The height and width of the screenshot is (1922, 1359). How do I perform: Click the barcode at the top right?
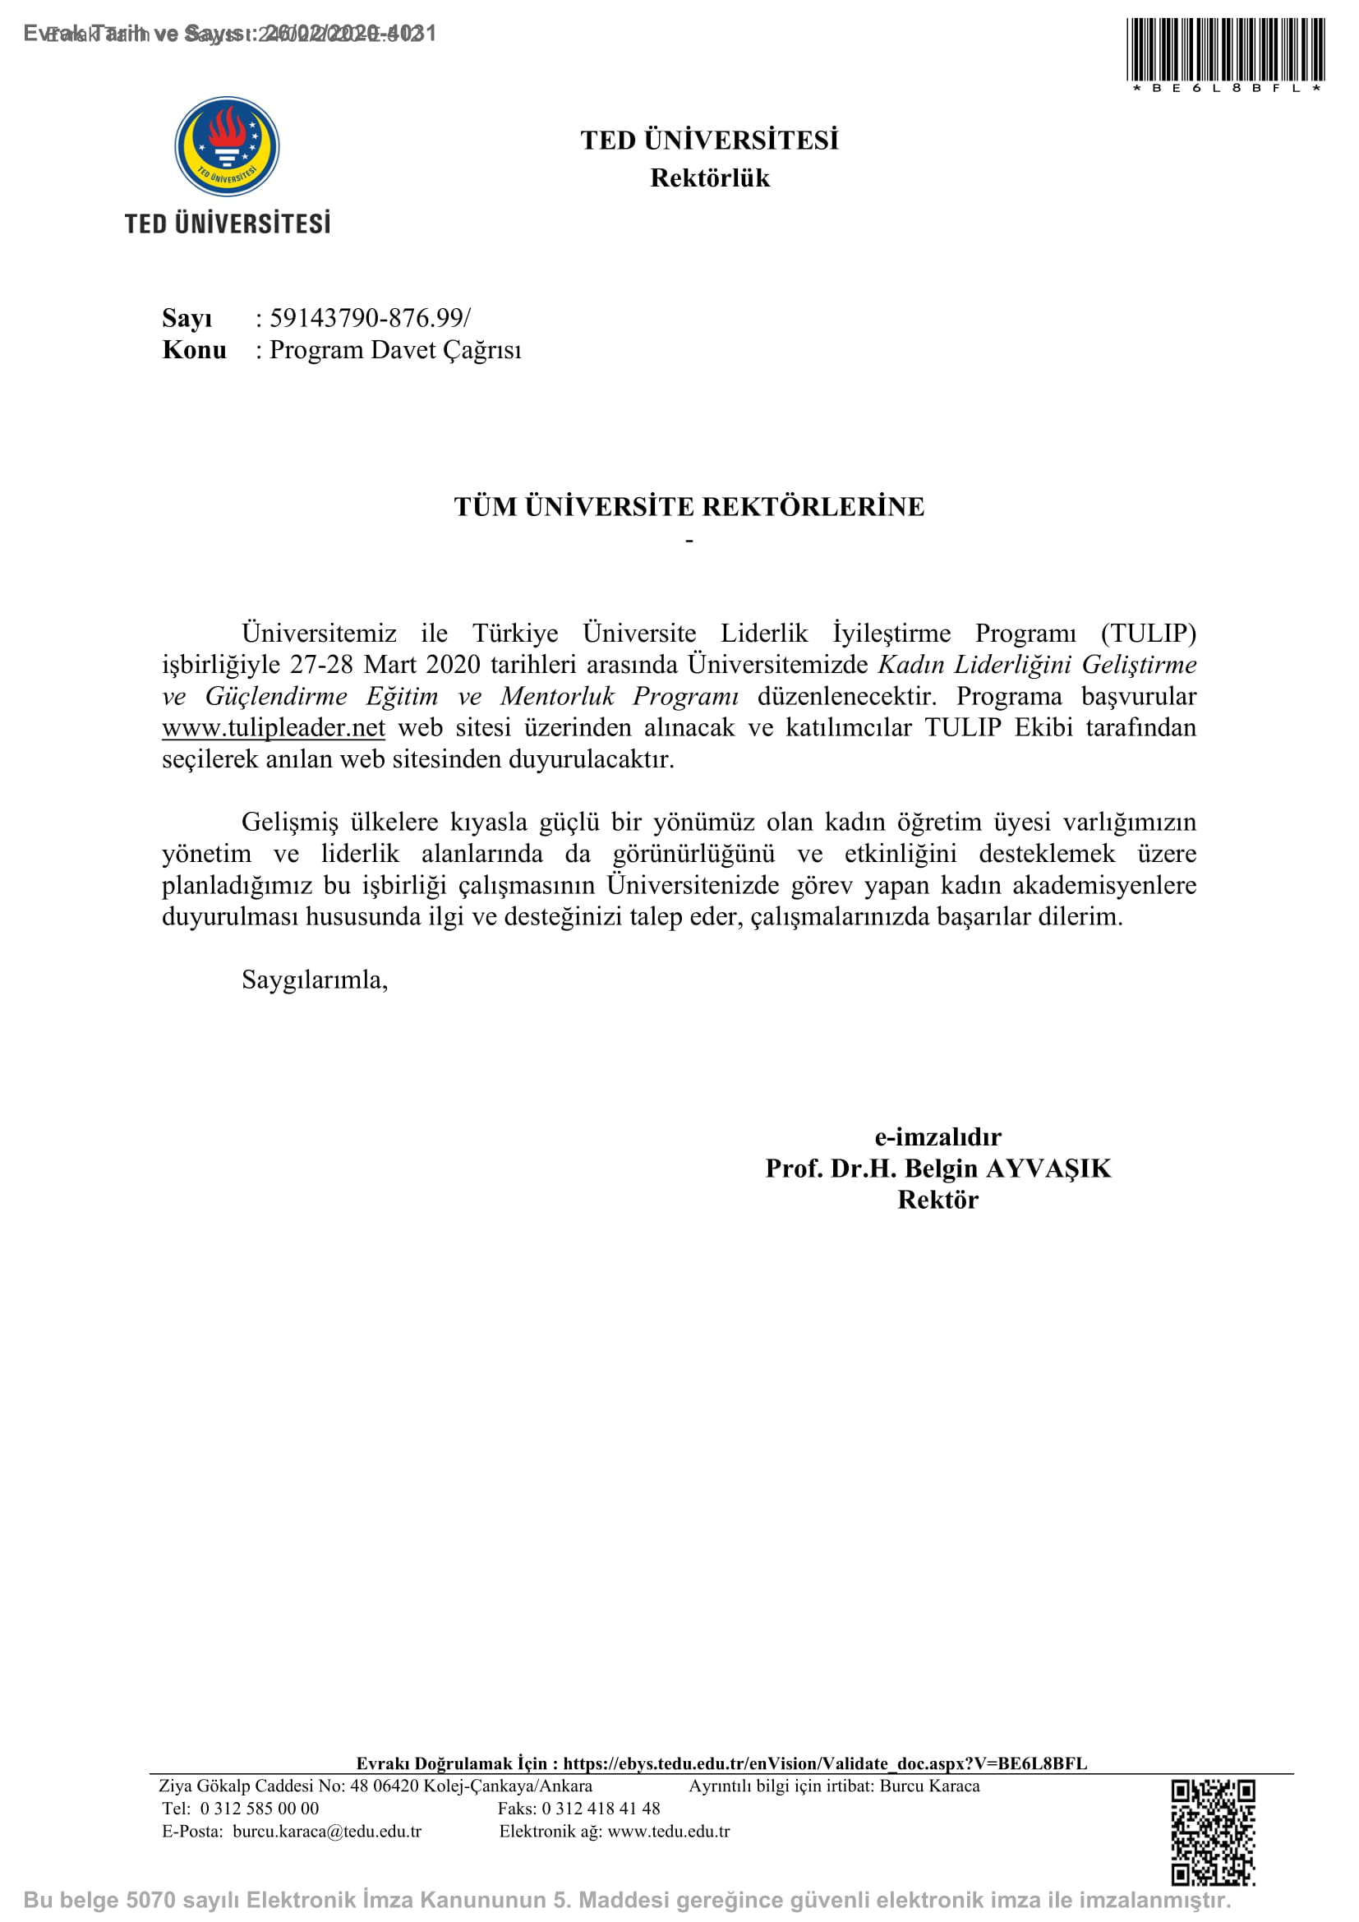click(1224, 49)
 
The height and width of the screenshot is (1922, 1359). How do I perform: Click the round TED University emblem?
click(227, 146)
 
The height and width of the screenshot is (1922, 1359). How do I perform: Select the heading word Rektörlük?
click(710, 178)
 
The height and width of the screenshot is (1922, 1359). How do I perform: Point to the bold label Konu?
click(194, 350)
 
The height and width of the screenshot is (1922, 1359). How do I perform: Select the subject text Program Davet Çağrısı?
click(395, 350)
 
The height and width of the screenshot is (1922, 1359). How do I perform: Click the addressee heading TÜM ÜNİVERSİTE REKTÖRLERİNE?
click(689, 506)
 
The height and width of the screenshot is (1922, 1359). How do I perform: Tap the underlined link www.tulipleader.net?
click(274, 727)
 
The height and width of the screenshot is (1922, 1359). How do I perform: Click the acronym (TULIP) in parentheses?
click(1148, 633)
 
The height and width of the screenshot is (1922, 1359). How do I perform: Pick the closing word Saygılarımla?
click(314, 979)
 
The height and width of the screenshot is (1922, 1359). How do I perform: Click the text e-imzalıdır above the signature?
click(937, 1136)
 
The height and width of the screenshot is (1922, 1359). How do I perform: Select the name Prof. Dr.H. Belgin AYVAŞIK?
click(937, 1168)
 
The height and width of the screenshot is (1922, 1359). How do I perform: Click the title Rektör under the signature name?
click(937, 1200)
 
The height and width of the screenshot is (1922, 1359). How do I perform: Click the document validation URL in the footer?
click(824, 1763)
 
